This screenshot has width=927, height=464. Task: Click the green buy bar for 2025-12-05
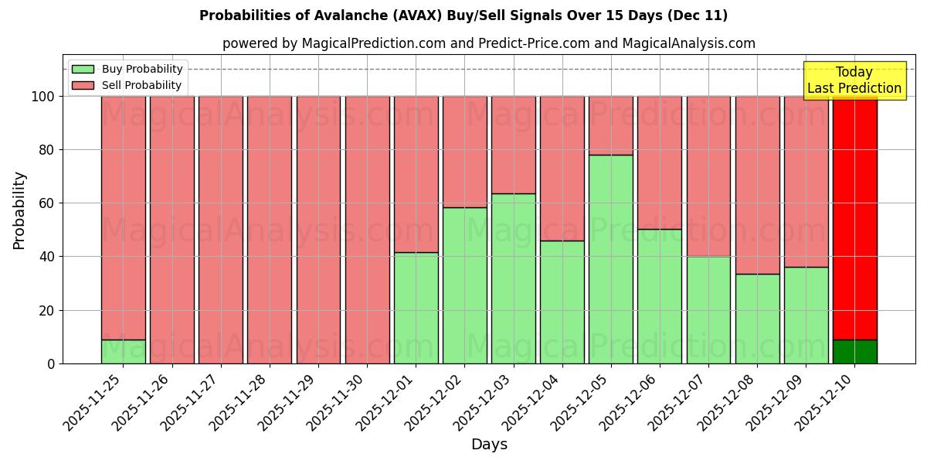tap(611, 259)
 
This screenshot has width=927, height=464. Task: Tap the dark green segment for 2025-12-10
tap(854, 351)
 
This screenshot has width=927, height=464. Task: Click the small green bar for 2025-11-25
tap(124, 351)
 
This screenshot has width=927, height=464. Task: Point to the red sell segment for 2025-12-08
tap(757, 185)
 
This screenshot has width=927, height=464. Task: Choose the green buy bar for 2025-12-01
tap(416, 308)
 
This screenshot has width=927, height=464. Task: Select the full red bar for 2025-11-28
tap(270, 230)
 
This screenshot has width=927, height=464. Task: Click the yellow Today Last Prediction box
tap(854, 80)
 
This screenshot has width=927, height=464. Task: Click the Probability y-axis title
tap(19, 210)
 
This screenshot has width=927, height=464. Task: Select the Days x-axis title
tap(489, 445)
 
